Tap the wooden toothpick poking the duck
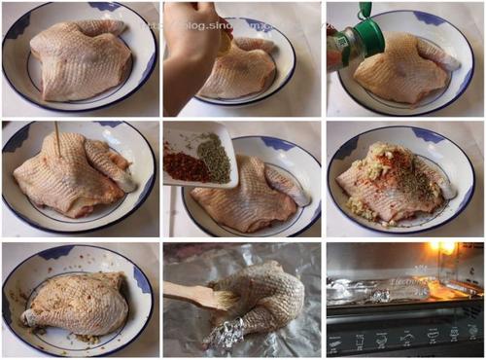tap(57, 140)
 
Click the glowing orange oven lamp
tap(444, 250)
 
